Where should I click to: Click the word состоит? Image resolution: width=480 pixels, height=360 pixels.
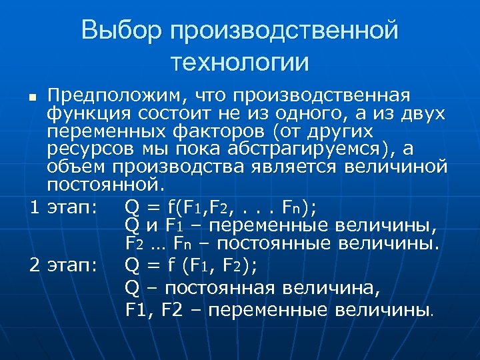coord(161,113)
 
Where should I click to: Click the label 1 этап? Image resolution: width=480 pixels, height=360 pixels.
coord(64,207)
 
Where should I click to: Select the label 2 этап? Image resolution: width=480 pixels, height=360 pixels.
coord(64,265)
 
